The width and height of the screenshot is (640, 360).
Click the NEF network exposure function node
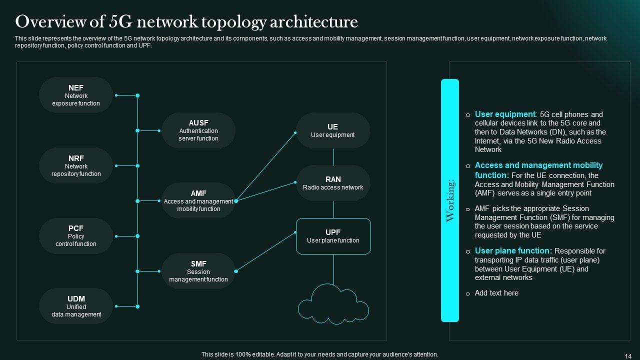pos(76,95)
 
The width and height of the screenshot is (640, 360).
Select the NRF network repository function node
pos(76,165)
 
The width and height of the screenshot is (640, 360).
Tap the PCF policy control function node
pos(76,236)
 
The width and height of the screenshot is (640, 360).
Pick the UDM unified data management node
pos(76,306)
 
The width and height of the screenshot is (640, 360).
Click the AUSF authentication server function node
pos(198,130)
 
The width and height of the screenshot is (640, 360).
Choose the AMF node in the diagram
pos(198,201)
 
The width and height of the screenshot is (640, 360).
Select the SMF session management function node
pos(198,271)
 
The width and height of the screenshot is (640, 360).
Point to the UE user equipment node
pos(333,130)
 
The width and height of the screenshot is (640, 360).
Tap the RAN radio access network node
pos(333,183)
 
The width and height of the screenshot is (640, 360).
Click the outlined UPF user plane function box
pos(333,236)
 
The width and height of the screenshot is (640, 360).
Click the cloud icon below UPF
pos(333,304)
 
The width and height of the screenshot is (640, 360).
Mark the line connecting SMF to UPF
pos(265,251)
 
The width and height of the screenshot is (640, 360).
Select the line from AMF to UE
pos(265,167)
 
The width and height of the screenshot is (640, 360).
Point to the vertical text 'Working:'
pos(450,200)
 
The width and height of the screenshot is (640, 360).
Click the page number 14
pos(628,356)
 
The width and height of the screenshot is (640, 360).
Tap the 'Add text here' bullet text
pos(496,293)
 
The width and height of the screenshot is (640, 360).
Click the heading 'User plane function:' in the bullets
pos(513,250)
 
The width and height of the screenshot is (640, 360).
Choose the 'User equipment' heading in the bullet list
pos(505,114)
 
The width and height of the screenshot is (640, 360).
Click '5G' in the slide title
pos(120,21)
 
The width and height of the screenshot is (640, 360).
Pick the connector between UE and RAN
pos(333,157)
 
